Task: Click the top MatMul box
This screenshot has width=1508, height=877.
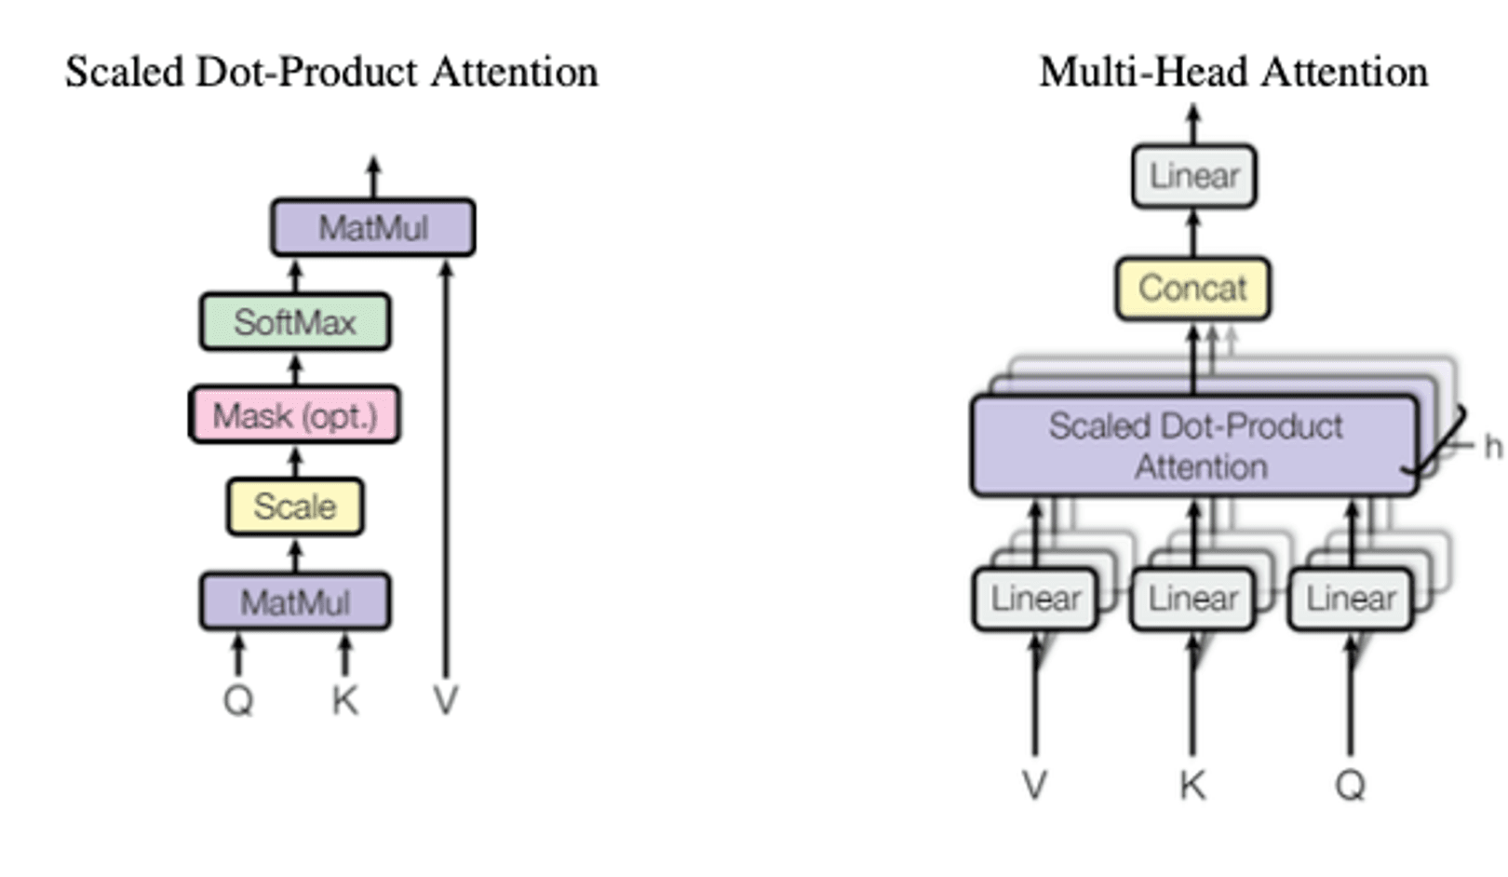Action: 373,227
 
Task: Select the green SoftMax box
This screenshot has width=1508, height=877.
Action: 295,322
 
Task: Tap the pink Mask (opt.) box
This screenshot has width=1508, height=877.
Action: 295,415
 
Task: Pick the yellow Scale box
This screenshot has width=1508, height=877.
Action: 295,506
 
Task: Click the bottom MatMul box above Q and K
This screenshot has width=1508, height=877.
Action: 295,602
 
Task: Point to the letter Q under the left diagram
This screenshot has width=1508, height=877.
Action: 238,700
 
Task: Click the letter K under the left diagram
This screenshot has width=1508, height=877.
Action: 344,700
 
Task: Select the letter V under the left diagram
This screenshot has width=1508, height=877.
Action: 446,700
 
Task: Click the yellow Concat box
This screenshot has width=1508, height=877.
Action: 1192,289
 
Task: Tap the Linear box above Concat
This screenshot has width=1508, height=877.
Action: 1194,176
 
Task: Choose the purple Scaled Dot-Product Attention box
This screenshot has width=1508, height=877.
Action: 1195,446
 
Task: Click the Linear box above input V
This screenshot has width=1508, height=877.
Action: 1035,599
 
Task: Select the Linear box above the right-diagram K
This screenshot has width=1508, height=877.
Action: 1192,599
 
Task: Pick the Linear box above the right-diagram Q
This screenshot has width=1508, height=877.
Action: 1351,599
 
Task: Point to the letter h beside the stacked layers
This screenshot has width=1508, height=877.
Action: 1492,447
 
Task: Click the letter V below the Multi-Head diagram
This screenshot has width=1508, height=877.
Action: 1035,786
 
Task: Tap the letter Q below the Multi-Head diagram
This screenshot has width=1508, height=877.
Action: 1351,786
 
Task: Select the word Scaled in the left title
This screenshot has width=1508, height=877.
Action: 125,73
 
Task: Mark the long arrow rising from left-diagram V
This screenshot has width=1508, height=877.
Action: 446,465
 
